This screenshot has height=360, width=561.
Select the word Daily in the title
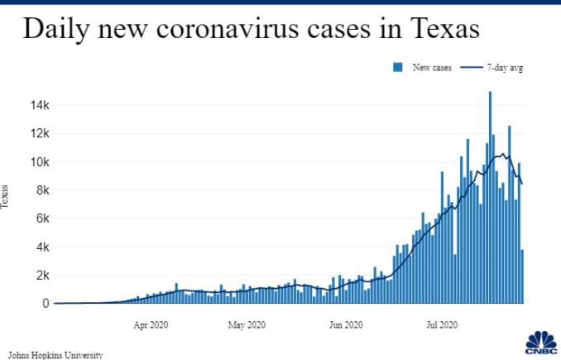(58, 30)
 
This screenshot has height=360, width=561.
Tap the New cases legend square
(398, 67)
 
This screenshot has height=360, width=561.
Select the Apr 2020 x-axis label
(152, 325)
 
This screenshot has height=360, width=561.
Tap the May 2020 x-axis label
(246, 325)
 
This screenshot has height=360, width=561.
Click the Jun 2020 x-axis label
(345, 325)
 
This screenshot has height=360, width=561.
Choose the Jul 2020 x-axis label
(441, 325)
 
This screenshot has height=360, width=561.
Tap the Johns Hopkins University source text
(55, 354)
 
